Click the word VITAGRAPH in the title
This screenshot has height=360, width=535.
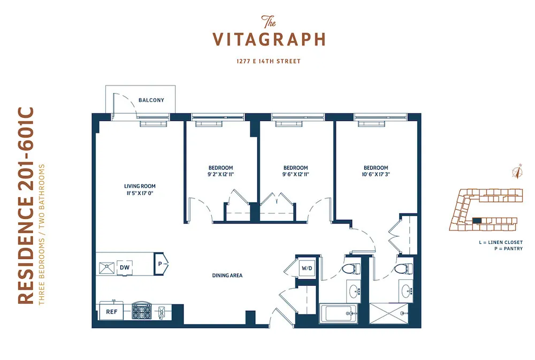point(269,40)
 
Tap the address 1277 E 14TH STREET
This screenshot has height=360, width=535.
point(269,62)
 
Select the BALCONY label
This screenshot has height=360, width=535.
point(151,100)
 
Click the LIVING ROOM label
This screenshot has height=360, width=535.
point(140,186)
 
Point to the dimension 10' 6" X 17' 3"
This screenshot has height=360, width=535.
point(376,174)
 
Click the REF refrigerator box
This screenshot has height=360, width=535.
point(111,311)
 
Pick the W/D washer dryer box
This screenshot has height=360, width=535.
point(307,268)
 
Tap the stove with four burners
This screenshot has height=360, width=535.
point(141,311)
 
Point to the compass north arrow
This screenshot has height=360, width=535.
point(517,171)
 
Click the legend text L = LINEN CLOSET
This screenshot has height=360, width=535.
point(501,242)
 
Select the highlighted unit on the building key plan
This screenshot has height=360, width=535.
point(477,220)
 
